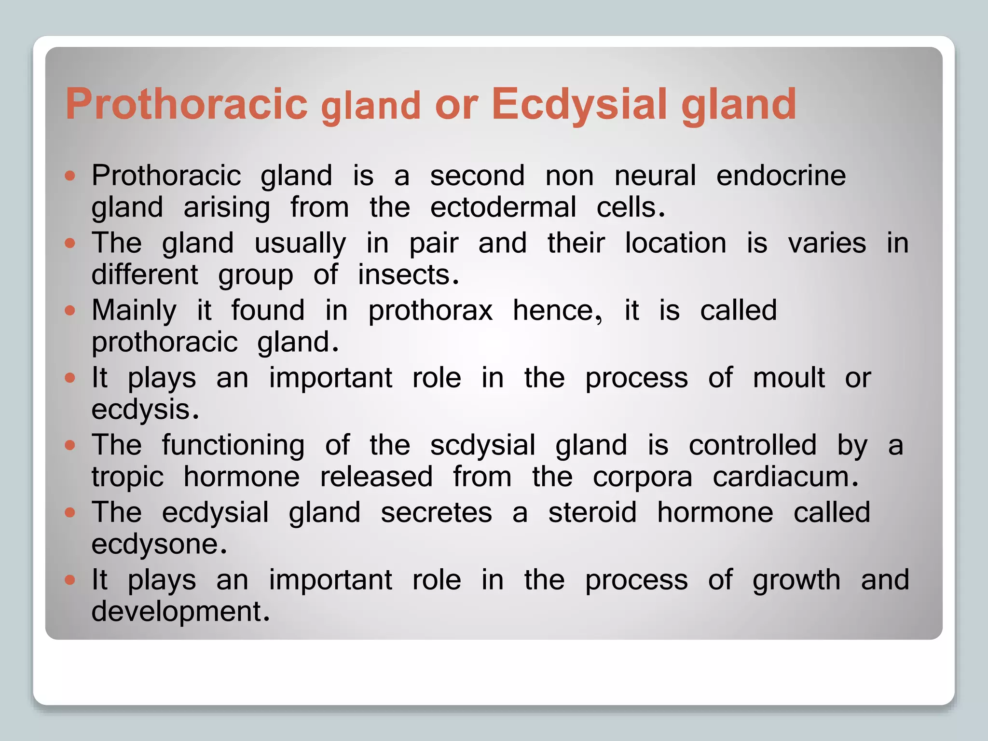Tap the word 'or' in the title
(456, 105)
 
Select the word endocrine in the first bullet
(781, 176)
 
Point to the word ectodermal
(503, 208)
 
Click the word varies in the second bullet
(827, 243)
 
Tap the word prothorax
(430, 311)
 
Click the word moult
(788, 378)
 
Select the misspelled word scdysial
(482, 445)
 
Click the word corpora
(642, 477)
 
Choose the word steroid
(592, 512)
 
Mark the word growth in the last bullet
(796, 580)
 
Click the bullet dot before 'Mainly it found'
(70, 310)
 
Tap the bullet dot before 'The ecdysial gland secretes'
(70, 512)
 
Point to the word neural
(655, 176)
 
